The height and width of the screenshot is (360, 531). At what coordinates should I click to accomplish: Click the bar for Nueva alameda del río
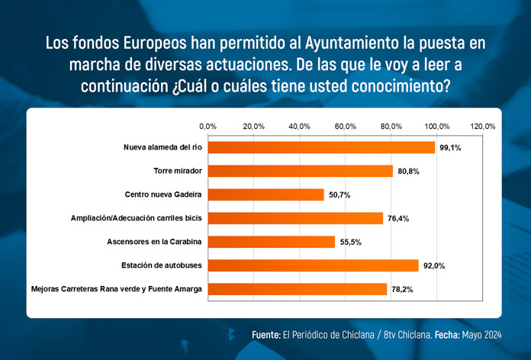pyautogui.click(x=320, y=147)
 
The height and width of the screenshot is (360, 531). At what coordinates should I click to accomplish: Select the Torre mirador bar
pyautogui.click(x=300, y=171)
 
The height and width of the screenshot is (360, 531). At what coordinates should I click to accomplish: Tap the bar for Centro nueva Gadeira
pyautogui.click(x=265, y=194)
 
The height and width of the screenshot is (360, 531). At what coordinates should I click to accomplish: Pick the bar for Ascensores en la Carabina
pyautogui.click(x=271, y=242)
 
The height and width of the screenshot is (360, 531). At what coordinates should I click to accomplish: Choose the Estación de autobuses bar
pyautogui.click(x=313, y=265)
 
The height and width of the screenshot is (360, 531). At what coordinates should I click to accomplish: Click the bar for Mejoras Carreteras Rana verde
pyautogui.click(x=297, y=289)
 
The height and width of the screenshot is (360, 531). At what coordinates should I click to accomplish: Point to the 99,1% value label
pyautogui.click(x=449, y=147)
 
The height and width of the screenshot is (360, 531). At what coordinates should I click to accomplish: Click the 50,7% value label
pyautogui.click(x=339, y=194)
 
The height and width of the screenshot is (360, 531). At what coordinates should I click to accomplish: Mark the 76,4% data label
pyautogui.click(x=398, y=218)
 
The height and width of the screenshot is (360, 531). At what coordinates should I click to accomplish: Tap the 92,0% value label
pyautogui.click(x=434, y=265)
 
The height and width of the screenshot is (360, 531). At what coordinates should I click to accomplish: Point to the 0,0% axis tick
pyautogui.click(x=208, y=126)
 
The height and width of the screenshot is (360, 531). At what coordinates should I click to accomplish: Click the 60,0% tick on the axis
pyautogui.click(x=346, y=126)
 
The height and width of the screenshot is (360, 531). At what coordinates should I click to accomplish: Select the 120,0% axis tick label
pyautogui.click(x=483, y=126)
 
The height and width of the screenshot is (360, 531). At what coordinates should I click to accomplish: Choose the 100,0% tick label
pyautogui.click(x=437, y=126)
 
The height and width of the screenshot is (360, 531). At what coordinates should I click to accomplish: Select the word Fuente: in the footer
pyautogui.click(x=265, y=336)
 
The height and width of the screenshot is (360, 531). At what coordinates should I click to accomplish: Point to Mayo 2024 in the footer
pyautogui.click(x=480, y=336)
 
